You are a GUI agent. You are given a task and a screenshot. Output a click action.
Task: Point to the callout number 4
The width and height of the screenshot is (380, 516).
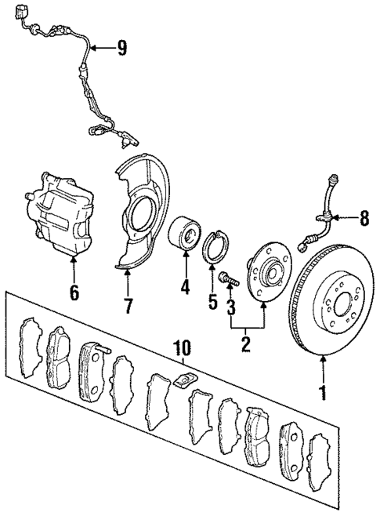185,288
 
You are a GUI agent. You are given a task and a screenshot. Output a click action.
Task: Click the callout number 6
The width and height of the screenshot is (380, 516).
74,293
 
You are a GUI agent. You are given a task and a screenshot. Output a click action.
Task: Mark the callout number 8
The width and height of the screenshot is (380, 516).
363,219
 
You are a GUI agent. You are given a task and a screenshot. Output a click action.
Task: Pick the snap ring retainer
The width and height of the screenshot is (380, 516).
214,251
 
